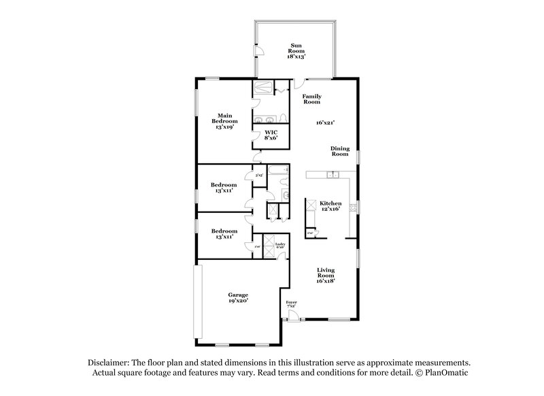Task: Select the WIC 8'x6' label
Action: (271, 135)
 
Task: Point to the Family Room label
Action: (311, 99)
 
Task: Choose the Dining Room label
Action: (339, 151)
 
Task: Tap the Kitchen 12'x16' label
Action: (330, 205)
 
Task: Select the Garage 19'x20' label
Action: (237, 297)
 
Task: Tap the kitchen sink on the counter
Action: (332, 176)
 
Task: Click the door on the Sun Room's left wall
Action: (257, 54)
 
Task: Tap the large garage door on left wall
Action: (197, 299)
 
